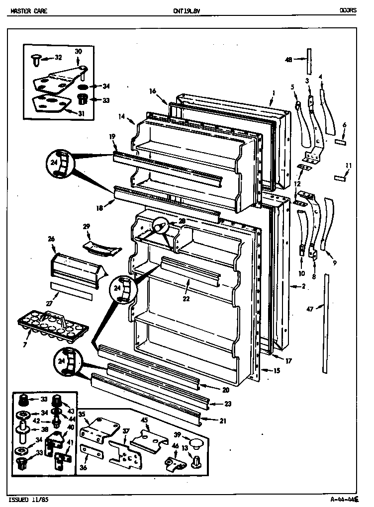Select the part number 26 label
[51, 239]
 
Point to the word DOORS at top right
[348, 10]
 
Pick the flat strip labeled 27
[71, 290]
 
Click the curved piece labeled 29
[101, 247]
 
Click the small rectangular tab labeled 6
[341, 141]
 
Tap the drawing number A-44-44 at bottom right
[343, 499]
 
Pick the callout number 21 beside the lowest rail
[222, 421]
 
